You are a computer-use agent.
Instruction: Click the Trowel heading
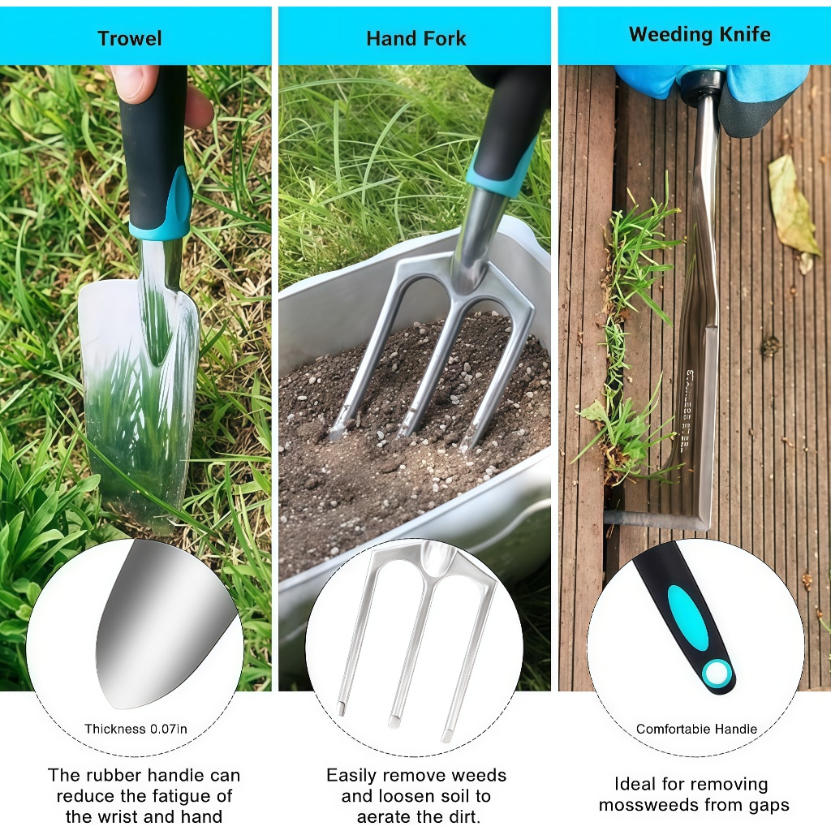(x=129, y=39)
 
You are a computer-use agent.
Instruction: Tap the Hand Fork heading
(x=416, y=39)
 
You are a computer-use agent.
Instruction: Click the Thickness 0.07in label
(x=136, y=729)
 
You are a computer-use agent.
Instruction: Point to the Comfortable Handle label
(x=696, y=729)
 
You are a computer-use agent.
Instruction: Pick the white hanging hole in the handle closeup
(x=717, y=674)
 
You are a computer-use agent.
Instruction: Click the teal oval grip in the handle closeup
(x=687, y=618)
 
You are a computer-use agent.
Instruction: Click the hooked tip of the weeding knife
(x=609, y=517)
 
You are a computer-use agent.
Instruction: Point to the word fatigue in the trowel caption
(x=176, y=796)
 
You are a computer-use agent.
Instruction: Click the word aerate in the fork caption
(x=386, y=816)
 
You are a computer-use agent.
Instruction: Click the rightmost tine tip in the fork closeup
(x=447, y=737)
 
